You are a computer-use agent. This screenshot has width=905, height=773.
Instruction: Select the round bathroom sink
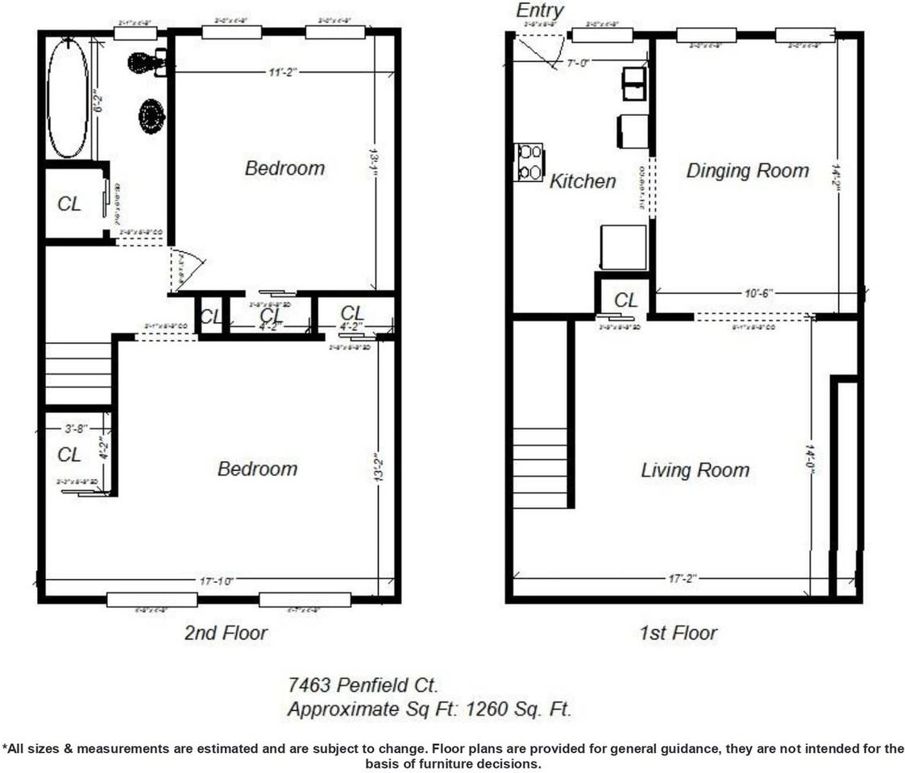point(152,116)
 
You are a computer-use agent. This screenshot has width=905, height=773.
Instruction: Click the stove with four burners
point(529,162)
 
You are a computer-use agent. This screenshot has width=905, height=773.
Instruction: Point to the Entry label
point(539,10)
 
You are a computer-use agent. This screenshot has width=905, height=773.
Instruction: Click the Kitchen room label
point(583,181)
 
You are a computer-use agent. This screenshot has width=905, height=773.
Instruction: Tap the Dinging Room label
point(747,171)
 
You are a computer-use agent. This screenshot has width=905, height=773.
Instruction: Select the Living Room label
point(695,470)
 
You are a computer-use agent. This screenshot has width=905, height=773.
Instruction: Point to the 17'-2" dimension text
point(682,579)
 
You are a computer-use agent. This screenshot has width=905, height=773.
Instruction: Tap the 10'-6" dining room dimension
point(755,294)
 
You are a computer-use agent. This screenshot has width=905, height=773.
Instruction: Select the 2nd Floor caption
point(226,634)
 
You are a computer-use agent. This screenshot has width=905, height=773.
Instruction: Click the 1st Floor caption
point(678,634)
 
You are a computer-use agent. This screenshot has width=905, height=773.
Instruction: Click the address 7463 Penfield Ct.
point(363,686)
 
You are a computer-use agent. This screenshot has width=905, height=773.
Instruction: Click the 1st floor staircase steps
point(539,468)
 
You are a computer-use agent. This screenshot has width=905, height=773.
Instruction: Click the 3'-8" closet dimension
point(77,429)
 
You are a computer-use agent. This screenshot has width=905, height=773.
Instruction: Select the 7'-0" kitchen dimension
point(578,63)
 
